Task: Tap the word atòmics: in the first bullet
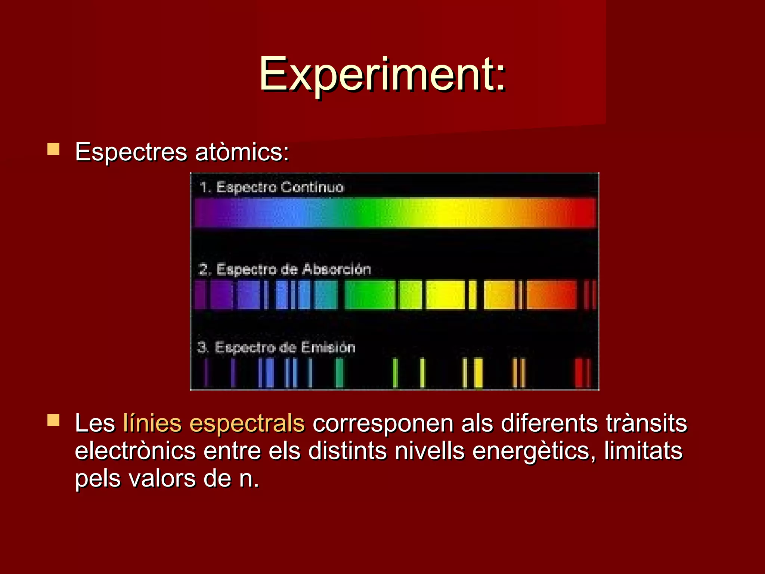coord(242,152)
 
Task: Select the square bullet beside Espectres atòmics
coord(53,149)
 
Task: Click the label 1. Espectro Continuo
coord(272,187)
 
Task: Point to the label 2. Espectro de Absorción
coord(285,269)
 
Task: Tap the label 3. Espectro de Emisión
coord(276,347)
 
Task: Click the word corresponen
coord(383,423)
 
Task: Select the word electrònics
coord(135,451)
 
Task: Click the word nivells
coord(430,451)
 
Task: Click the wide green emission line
coord(339,373)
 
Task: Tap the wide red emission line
coord(579,373)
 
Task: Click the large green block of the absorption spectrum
coord(369,295)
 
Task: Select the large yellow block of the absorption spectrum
coord(446,295)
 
